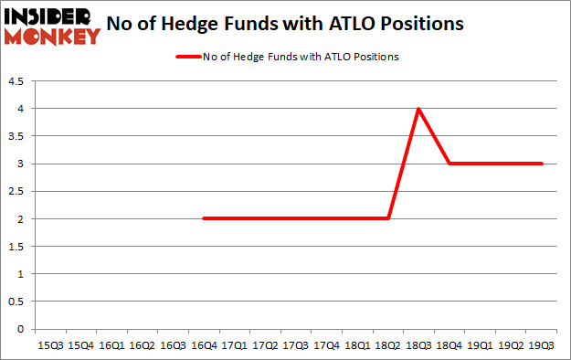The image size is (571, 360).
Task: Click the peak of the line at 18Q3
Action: pyautogui.click(x=418, y=109)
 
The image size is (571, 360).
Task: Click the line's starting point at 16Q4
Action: pyautogui.click(x=203, y=218)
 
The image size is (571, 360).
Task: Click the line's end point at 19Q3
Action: pyautogui.click(x=542, y=164)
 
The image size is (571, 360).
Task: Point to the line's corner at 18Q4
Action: pyautogui.click(x=449, y=164)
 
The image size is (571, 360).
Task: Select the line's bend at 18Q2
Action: pyautogui.click(x=388, y=218)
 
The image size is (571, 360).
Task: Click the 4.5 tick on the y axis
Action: pyautogui.click(x=18, y=81)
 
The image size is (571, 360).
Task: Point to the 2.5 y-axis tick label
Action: pyautogui.click(x=18, y=192)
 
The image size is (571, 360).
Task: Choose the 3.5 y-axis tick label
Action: pyautogui.click(x=18, y=137)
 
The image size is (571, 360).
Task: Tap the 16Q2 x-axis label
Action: pyautogui.click(x=142, y=345)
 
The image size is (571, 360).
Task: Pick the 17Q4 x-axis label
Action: pyautogui.click(x=326, y=345)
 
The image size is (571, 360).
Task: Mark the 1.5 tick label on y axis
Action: pyautogui.click(x=18, y=247)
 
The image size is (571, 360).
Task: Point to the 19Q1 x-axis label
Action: pyautogui.click(x=481, y=345)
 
